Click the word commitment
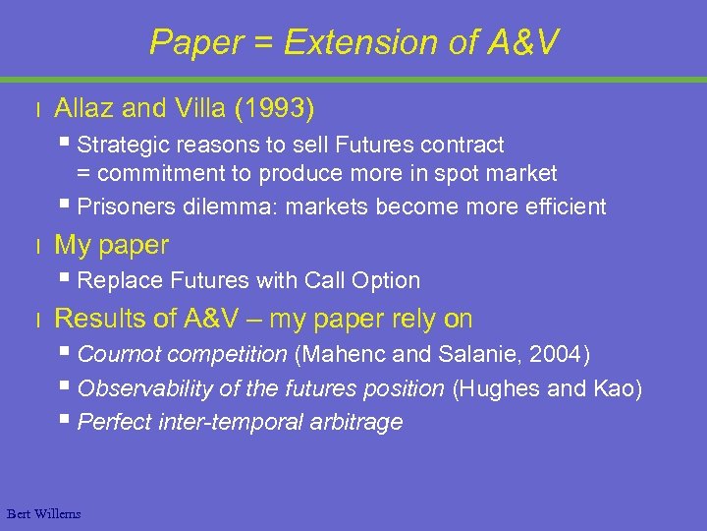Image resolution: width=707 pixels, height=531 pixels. point(153,174)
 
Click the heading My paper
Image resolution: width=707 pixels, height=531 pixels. point(111,245)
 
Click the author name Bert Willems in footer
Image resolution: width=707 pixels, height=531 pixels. point(43,513)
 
